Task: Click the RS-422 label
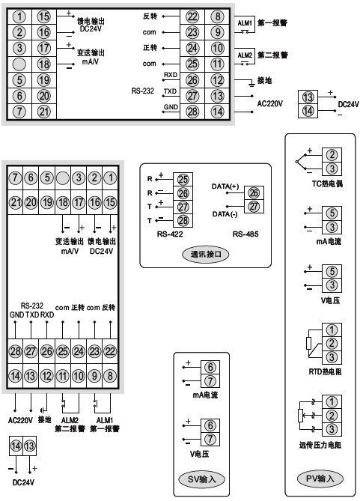(170, 233)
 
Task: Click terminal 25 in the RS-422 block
(183, 179)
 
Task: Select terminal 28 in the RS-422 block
(183, 219)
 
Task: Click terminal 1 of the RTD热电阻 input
(330, 330)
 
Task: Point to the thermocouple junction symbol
(298, 162)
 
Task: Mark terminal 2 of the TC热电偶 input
(330, 155)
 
